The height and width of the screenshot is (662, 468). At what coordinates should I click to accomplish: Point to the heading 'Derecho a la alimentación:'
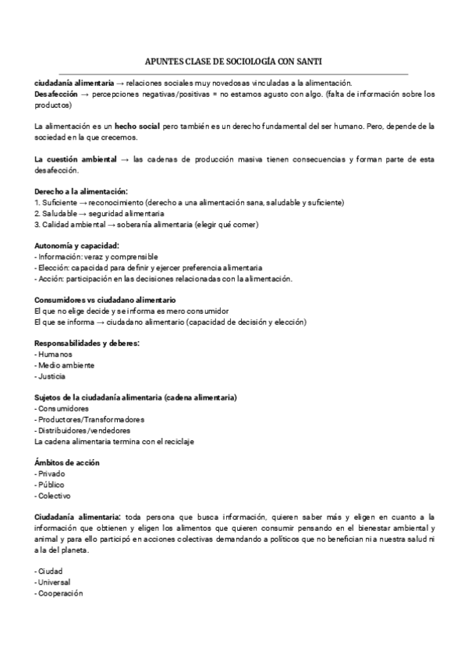81,191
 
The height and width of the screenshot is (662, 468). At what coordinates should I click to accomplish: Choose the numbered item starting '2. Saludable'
100,213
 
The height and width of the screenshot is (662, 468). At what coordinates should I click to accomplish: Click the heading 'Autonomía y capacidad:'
77,245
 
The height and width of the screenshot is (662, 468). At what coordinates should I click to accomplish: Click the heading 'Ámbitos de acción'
67,463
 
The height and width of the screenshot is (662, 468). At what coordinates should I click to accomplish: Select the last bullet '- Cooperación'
60,593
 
